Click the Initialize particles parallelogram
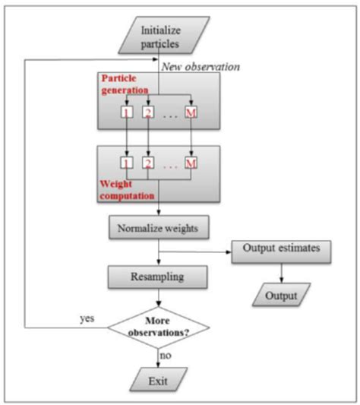(x=164, y=35)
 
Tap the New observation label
(x=201, y=67)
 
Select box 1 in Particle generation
(x=127, y=112)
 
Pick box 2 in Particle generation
(x=148, y=112)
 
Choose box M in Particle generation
(x=191, y=112)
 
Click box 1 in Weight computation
(x=127, y=163)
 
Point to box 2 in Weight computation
(x=148, y=163)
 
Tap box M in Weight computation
(x=191, y=163)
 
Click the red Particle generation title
(x=125, y=84)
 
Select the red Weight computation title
(x=127, y=190)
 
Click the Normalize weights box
(x=159, y=227)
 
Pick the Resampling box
(x=157, y=277)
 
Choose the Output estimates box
(x=281, y=252)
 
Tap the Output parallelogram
(x=281, y=295)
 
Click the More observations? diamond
(x=159, y=327)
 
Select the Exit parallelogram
(x=158, y=379)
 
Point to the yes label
(x=87, y=318)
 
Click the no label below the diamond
(x=166, y=356)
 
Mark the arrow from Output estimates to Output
(x=282, y=274)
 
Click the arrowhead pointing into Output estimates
(x=229, y=252)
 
